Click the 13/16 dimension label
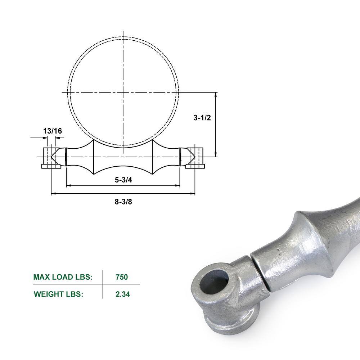coord(53,131)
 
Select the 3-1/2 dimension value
coord(202,118)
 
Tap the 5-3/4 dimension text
coord(123,180)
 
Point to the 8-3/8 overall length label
coord(123,202)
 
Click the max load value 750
coord(122,277)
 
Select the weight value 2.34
coord(123,294)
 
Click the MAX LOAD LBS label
coord(63,277)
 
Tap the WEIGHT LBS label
coord(59,294)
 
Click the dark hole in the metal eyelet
coord(215,284)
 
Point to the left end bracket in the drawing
coord(51,158)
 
